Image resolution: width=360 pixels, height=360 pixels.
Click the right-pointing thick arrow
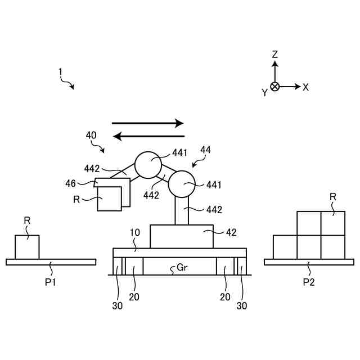coord(148,123)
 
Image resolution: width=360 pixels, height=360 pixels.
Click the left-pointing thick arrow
coord(149,136)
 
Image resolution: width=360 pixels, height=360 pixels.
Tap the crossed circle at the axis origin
coord(274,87)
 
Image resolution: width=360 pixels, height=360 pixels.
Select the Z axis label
coord(275,55)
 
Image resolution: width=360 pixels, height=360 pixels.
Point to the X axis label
coord(306,87)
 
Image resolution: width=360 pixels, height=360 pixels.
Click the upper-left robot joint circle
coord(148,165)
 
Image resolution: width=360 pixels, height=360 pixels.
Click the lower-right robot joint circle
coord(181,184)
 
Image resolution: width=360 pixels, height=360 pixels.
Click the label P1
coord(51,282)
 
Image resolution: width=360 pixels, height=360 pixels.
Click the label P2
coord(308,282)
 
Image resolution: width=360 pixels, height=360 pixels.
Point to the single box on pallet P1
coord(27,247)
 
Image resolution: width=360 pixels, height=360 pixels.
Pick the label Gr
coord(182,268)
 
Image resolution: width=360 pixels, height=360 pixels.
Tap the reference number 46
coord(70,183)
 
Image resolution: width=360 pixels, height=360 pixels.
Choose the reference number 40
coord(91,135)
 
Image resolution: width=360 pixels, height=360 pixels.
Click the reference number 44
coord(205,150)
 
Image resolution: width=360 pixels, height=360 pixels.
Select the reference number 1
coord(60,72)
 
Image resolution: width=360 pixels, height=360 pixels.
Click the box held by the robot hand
coord(109,199)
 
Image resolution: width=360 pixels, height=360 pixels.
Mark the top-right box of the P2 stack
coord(332,223)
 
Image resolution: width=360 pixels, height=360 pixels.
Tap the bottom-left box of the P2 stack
coord(285,247)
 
